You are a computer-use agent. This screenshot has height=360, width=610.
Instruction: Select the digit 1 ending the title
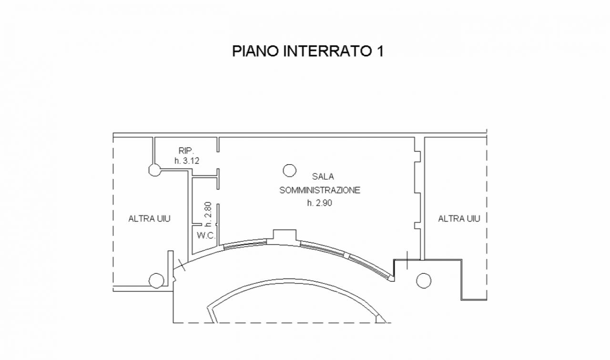(x=381, y=51)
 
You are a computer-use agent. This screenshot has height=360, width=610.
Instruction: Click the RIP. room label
(x=186, y=150)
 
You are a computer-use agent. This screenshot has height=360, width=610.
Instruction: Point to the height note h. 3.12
(x=187, y=161)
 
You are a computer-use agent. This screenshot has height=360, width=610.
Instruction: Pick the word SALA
(x=323, y=177)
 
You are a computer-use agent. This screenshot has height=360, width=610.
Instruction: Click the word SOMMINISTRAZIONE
(x=320, y=190)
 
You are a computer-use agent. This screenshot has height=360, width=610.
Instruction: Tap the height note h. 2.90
(x=320, y=203)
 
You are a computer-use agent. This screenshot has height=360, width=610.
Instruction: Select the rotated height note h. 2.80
(x=208, y=214)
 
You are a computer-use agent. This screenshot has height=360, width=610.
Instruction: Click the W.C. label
(x=206, y=236)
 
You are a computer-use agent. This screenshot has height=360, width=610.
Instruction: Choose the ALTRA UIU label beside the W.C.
(x=149, y=219)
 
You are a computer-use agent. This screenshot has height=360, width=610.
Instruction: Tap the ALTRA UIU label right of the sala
(x=459, y=219)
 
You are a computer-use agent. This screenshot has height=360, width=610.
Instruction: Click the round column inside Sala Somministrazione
(x=289, y=170)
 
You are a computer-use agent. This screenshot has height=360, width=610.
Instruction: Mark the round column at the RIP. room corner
(x=155, y=170)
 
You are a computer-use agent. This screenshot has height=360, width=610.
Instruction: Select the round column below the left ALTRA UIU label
(x=156, y=280)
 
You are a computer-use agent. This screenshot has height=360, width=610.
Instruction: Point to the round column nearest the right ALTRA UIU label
(x=424, y=280)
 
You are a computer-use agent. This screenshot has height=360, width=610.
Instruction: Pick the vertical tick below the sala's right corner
(x=407, y=260)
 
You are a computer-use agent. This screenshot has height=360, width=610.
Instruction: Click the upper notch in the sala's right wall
(x=417, y=156)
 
